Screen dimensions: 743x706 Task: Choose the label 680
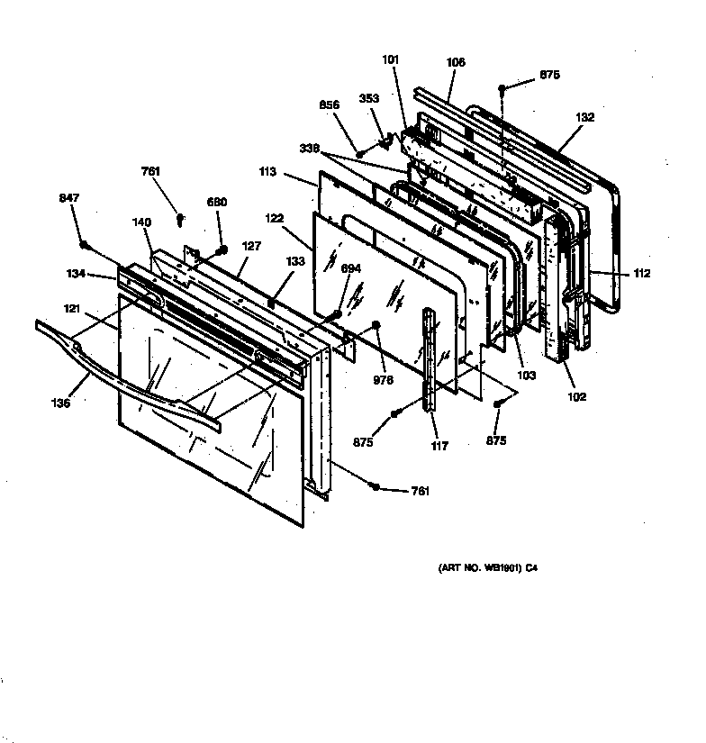pos(217,204)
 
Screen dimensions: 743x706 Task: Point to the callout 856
pos(330,105)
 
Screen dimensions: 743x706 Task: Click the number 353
pos(369,99)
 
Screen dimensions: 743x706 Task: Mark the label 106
pos(456,63)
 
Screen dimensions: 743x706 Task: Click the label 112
pos(640,274)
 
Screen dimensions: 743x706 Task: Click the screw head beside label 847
pos(83,245)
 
